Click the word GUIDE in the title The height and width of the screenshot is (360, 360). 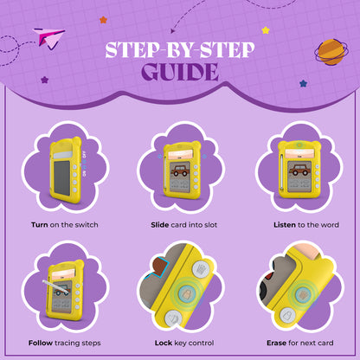coord(180,72)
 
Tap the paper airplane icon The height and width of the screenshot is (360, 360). coord(49,38)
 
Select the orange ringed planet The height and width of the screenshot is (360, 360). coord(331,52)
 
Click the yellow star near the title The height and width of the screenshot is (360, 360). coord(266,30)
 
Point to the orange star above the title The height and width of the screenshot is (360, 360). coord(103,20)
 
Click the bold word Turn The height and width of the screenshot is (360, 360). coord(40,225)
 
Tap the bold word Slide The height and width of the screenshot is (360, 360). coord(160,225)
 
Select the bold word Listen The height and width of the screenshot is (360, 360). coord(285,225)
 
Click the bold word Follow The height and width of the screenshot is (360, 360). coord(41,343)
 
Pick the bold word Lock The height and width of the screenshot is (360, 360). coord(164,343)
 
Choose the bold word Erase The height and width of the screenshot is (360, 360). coord(276,343)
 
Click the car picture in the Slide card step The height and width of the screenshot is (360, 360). coord(180,170)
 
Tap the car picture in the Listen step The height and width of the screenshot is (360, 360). coord(299,170)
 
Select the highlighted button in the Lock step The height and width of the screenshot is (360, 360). coord(187,294)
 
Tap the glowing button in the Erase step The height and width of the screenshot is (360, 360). coord(303,295)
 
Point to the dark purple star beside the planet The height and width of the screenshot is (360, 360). coord(303,84)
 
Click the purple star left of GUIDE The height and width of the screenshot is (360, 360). coord(44,80)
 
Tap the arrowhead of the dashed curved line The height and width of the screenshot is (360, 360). coord(172,31)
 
